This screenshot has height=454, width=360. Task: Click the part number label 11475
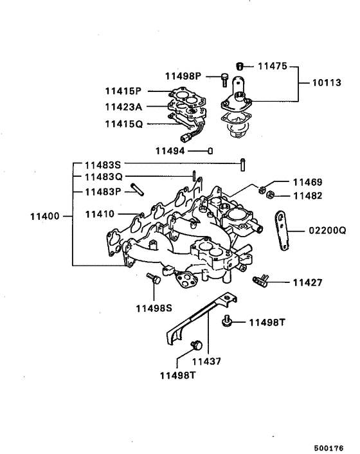[273, 66]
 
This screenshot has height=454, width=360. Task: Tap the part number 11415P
[124, 91]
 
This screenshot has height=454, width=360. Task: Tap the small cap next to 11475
[239, 66]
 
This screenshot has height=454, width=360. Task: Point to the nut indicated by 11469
[263, 188]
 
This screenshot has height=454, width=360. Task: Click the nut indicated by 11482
[271, 194]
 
